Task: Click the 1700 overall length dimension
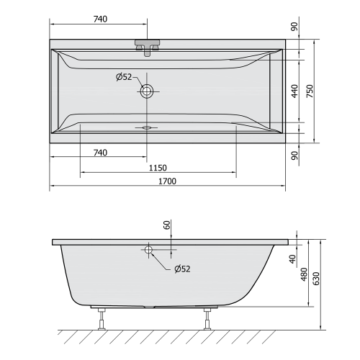coord(167,181)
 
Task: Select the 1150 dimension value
coord(158,167)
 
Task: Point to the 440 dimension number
coord(294,90)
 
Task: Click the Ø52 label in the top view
coord(124,77)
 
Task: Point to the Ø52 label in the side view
coord(182,269)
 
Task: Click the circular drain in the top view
coord(148,91)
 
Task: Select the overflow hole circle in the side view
coord(148,250)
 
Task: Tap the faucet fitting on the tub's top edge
coord(148,48)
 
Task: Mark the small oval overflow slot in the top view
coord(148,127)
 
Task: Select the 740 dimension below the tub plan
coord(99,152)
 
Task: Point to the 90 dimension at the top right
coord(294,27)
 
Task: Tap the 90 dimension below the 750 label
coord(294,155)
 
